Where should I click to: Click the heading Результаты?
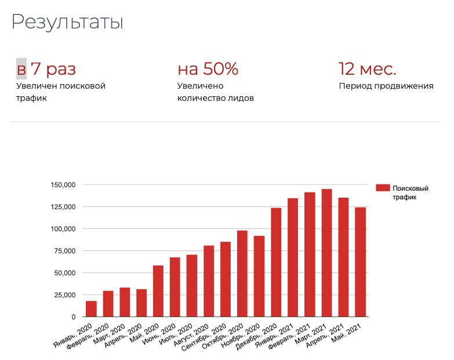pyautogui.click(x=67, y=22)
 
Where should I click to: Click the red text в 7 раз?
pyautogui.click(x=46, y=69)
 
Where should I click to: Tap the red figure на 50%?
pyautogui.click(x=208, y=69)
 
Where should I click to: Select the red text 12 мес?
pyautogui.click(x=368, y=69)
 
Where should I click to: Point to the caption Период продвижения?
pyautogui.click(x=386, y=86)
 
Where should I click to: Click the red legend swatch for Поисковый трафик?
pyautogui.click(x=382, y=188)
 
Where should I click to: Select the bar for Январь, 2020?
pyautogui.click(x=91, y=309)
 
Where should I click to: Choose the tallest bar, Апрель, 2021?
pyautogui.click(x=326, y=253)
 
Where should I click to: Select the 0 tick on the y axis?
pyautogui.click(x=74, y=317)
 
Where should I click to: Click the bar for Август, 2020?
pyautogui.click(x=209, y=281)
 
